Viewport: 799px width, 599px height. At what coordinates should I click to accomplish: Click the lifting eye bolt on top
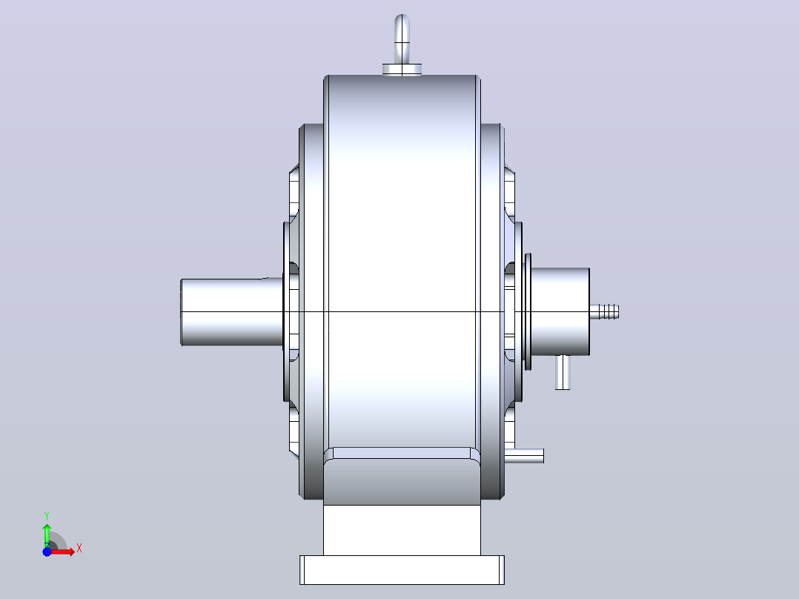[402, 39]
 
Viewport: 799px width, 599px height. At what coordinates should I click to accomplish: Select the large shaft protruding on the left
[232, 312]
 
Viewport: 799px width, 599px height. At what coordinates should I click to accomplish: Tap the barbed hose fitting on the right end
[604, 311]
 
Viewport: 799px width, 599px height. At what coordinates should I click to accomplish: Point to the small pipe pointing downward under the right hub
[563, 372]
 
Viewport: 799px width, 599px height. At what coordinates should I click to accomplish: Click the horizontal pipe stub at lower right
[524, 456]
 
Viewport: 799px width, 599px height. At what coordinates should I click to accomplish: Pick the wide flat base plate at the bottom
[402, 570]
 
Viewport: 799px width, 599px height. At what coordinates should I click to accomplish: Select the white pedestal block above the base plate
[402, 530]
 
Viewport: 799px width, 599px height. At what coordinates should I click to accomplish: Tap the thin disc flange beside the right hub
[528, 311]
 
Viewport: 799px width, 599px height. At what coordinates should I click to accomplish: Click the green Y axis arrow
[47, 535]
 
